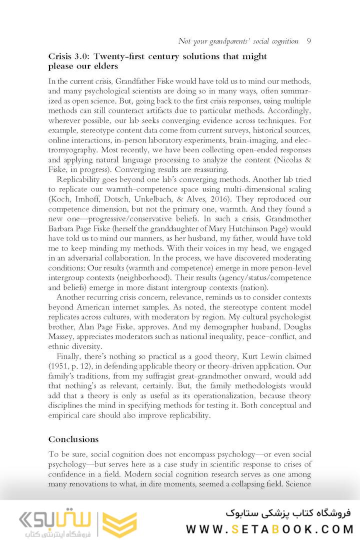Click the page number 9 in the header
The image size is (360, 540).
(308, 41)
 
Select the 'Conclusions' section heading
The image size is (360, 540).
(73, 439)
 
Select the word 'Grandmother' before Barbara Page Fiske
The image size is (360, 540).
(288, 218)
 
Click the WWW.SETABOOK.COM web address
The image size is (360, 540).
(269, 529)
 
